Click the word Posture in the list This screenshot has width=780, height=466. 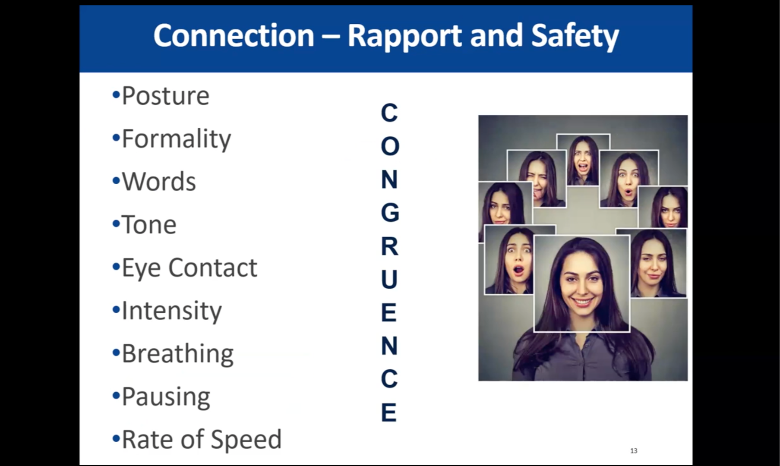coord(165,96)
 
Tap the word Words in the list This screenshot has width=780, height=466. coord(159,182)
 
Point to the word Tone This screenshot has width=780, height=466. coord(149,225)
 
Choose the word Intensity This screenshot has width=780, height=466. coord(172,311)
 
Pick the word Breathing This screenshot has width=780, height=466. coord(178,354)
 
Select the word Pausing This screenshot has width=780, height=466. coord(166,397)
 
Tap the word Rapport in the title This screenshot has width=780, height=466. coord(404,36)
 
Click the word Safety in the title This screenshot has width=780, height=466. coord(575,36)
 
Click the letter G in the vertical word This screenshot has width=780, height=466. coord(390,213)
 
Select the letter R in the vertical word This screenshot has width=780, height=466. coord(389,246)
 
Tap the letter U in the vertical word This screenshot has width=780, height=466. coord(389,280)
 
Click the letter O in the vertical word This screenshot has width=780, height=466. coord(390,146)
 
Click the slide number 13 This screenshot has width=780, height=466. coord(634,451)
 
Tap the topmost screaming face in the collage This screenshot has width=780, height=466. coord(583,160)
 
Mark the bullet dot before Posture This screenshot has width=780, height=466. coord(116,95)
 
